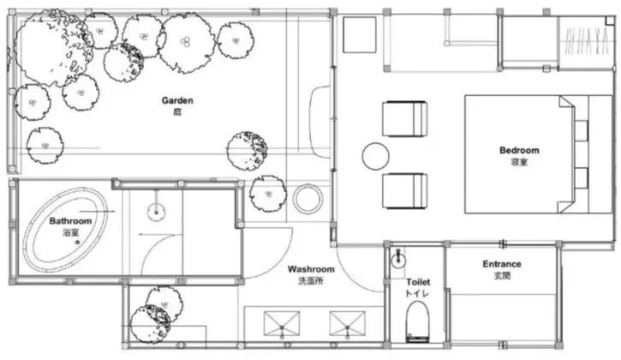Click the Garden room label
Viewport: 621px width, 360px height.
click(177, 100)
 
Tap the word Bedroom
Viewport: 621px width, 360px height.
click(519, 150)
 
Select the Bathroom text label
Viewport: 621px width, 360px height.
click(70, 221)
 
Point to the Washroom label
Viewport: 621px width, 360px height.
click(311, 269)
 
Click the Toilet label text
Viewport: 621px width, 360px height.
click(418, 282)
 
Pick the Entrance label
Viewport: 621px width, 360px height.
click(502, 264)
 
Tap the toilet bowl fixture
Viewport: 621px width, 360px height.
click(417, 321)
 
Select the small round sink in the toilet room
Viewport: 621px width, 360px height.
click(398, 260)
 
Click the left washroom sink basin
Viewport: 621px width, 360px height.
click(282, 323)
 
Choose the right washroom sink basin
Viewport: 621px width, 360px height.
click(348, 323)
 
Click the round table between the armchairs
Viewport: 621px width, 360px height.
click(375, 156)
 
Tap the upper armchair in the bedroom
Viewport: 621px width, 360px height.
click(405, 119)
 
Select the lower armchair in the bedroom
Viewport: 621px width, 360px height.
click(405, 190)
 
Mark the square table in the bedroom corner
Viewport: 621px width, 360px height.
click(360, 34)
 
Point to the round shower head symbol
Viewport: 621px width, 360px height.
click(157, 212)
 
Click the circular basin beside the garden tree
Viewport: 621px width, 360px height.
click(308, 199)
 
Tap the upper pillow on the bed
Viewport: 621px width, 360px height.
click(582, 130)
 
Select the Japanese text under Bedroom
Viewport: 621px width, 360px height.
click(519, 162)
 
